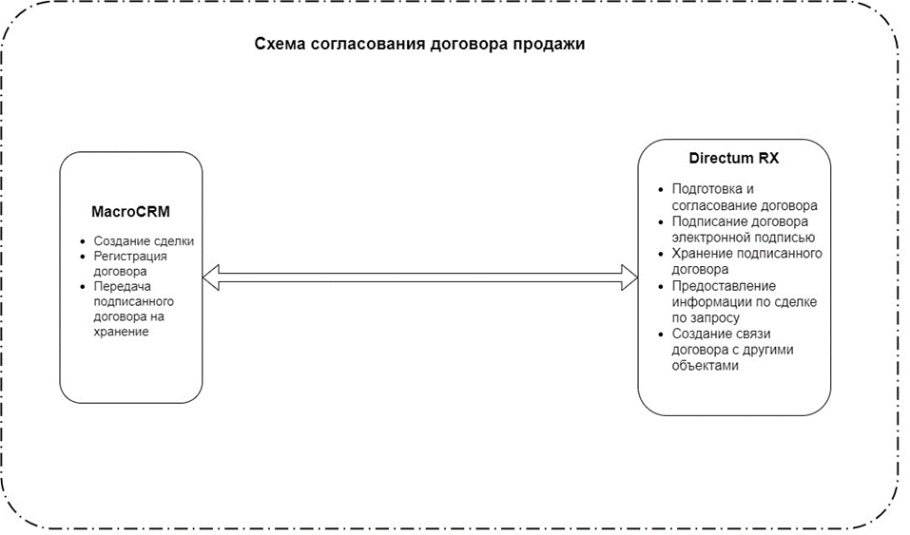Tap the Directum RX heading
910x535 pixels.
tap(733, 158)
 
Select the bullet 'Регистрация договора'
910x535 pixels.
tap(130, 263)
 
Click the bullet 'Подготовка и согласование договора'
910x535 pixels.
tap(744, 197)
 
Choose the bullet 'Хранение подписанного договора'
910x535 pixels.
tap(746, 261)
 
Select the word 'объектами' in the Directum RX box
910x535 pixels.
tap(705, 366)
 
